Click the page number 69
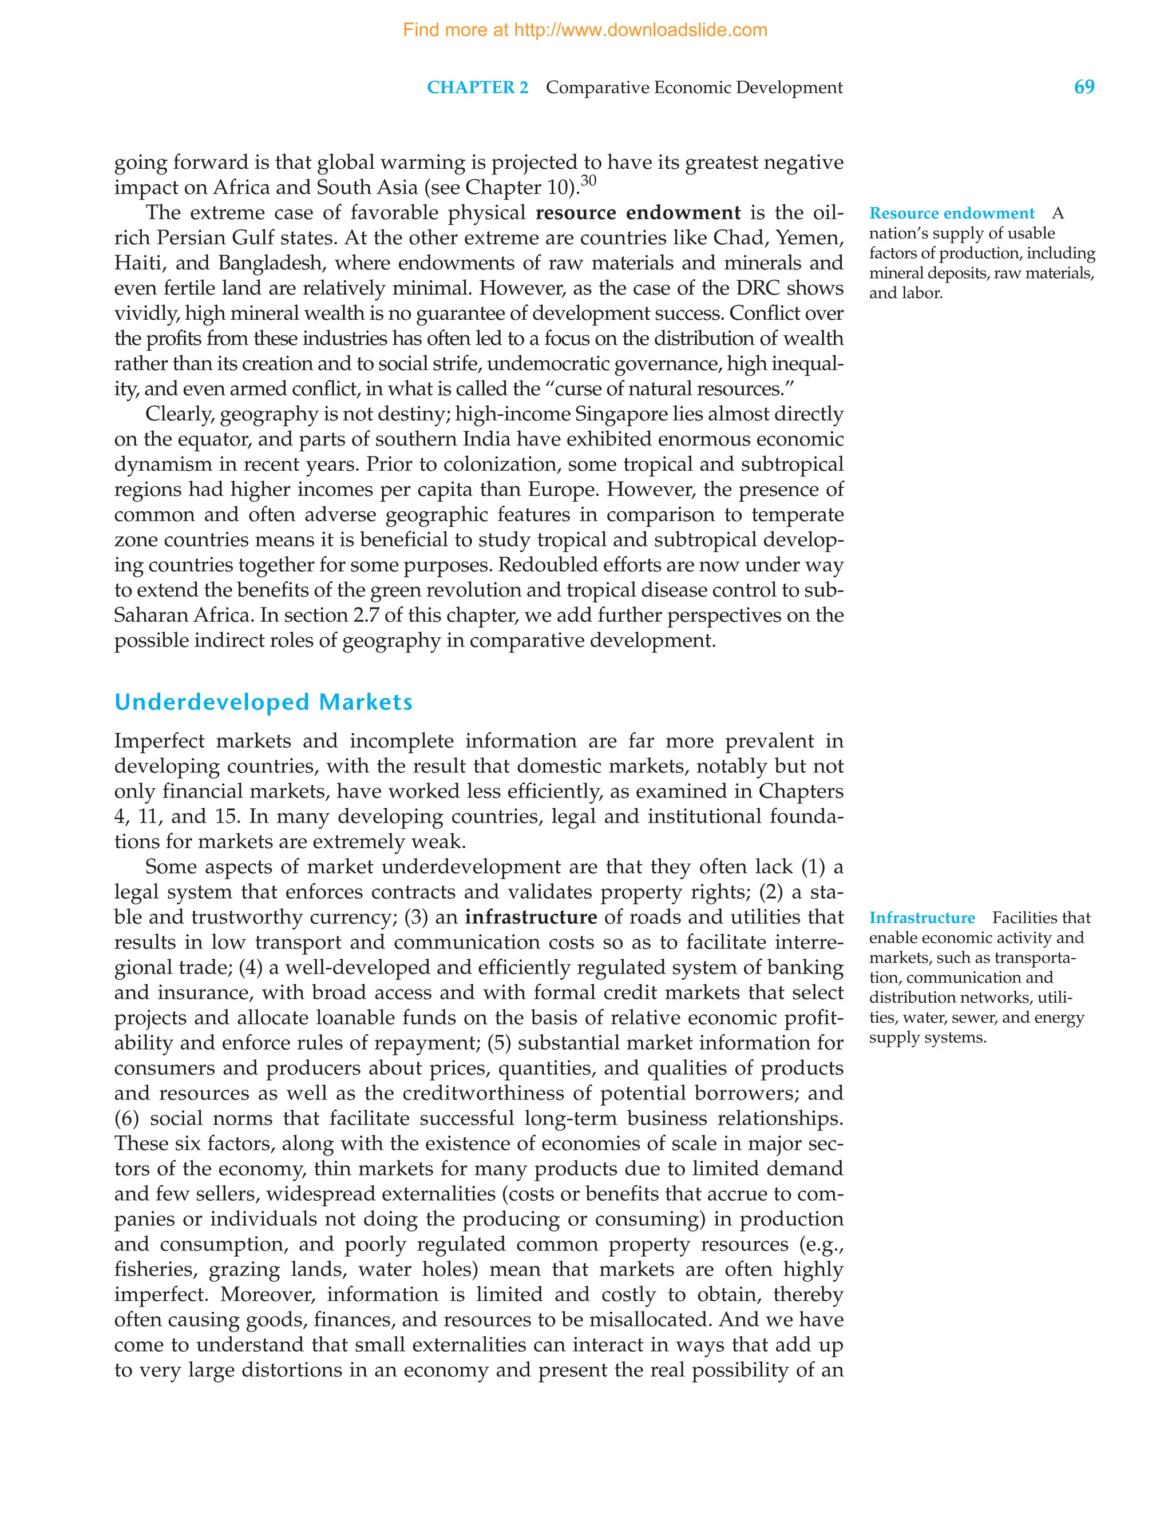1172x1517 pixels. point(1084,87)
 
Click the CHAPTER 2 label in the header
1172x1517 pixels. point(477,88)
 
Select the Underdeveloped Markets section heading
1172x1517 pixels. point(263,702)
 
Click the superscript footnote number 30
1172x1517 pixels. point(588,181)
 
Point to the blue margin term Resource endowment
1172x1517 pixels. point(952,213)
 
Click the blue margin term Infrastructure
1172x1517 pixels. point(922,918)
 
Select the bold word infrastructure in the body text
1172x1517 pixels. point(530,917)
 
